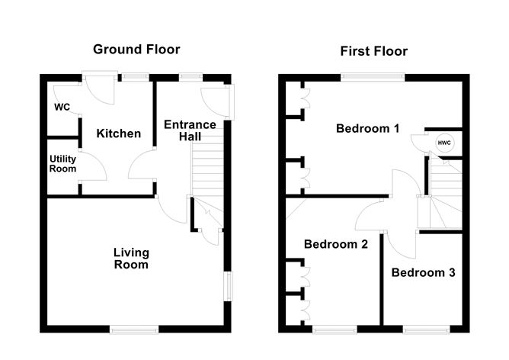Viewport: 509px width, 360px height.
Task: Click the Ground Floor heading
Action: pos(136,50)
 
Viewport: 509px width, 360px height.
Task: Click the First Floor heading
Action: pos(373,51)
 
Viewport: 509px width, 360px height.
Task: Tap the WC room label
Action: pos(62,107)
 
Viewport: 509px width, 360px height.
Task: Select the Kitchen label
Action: pos(118,133)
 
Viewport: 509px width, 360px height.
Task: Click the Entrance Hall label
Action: pos(190,130)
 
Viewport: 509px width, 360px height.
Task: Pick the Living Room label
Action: pos(131,259)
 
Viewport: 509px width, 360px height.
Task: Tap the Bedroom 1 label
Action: pos(368,128)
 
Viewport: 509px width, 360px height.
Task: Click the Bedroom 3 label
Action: pos(424,272)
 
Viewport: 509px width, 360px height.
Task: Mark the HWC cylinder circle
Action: pos(443,142)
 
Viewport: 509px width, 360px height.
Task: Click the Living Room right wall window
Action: pos(227,287)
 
